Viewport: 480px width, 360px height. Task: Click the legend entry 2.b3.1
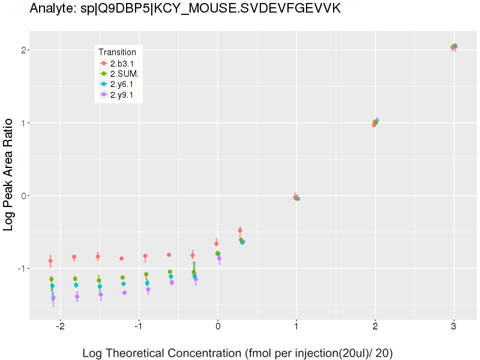click(122, 64)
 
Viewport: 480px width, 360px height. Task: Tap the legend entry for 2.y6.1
click(122, 84)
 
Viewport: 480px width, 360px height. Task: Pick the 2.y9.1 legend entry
click(122, 94)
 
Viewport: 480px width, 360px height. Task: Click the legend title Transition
click(121, 52)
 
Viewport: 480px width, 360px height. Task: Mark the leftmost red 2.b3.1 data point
click(50, 261)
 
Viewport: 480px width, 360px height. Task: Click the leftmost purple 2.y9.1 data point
click(53, 298)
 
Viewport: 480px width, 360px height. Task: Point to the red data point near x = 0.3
click(240, 230)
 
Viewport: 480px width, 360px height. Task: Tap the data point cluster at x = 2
click(376, 122)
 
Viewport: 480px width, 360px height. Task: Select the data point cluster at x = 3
click(454, 47)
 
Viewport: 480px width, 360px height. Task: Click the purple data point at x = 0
click(220, 259)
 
